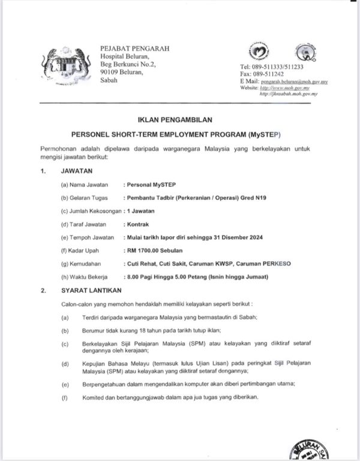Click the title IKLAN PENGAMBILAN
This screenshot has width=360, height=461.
click(x=179, y=120)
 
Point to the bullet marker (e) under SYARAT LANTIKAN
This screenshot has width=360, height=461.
click(x=64, y=383)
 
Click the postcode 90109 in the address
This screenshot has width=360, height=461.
click(x=111, y=71)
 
